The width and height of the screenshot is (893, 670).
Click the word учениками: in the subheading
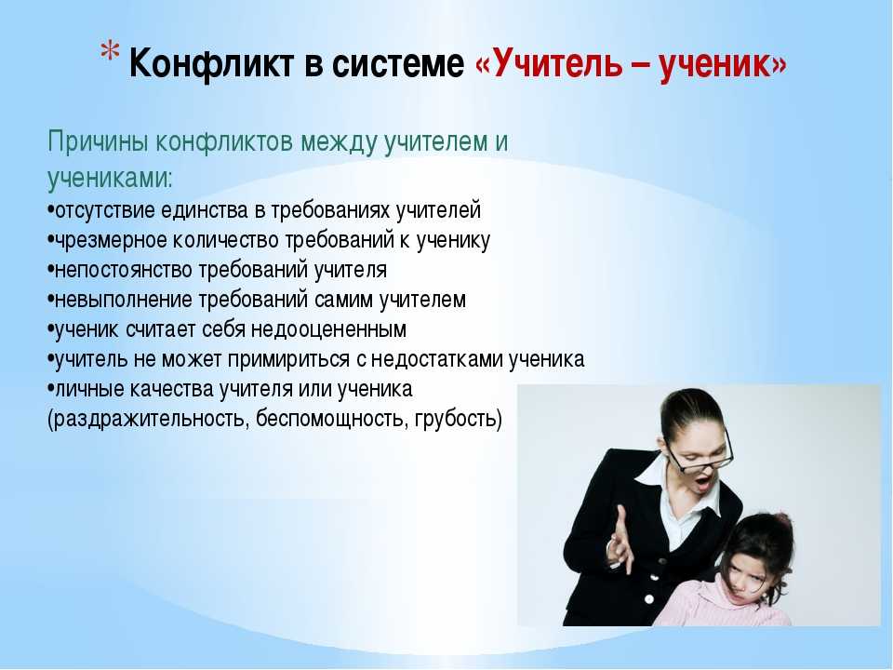point(110,179)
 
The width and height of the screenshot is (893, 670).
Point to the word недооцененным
point(328,329)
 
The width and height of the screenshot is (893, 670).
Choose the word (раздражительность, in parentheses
point(149,420)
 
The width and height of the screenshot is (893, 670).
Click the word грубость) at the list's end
point(459,420)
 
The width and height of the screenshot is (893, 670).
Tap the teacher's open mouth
point(704,483)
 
